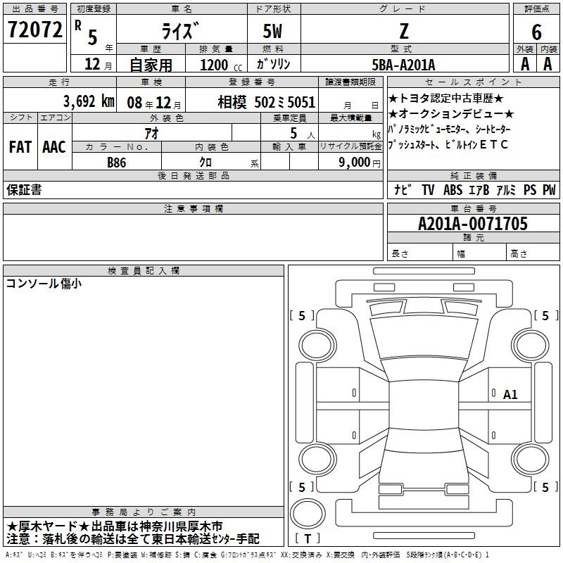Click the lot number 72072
tap(34, 30)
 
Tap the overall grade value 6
tap(536, 32)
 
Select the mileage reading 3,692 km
tap(89, 101)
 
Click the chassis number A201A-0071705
tap(473, 224)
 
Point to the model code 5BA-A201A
tap(403, 65)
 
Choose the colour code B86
tap(117, 163)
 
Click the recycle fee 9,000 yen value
tap(360, 163)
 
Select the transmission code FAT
tap(20, 147)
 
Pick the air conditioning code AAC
tap(54, 147)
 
